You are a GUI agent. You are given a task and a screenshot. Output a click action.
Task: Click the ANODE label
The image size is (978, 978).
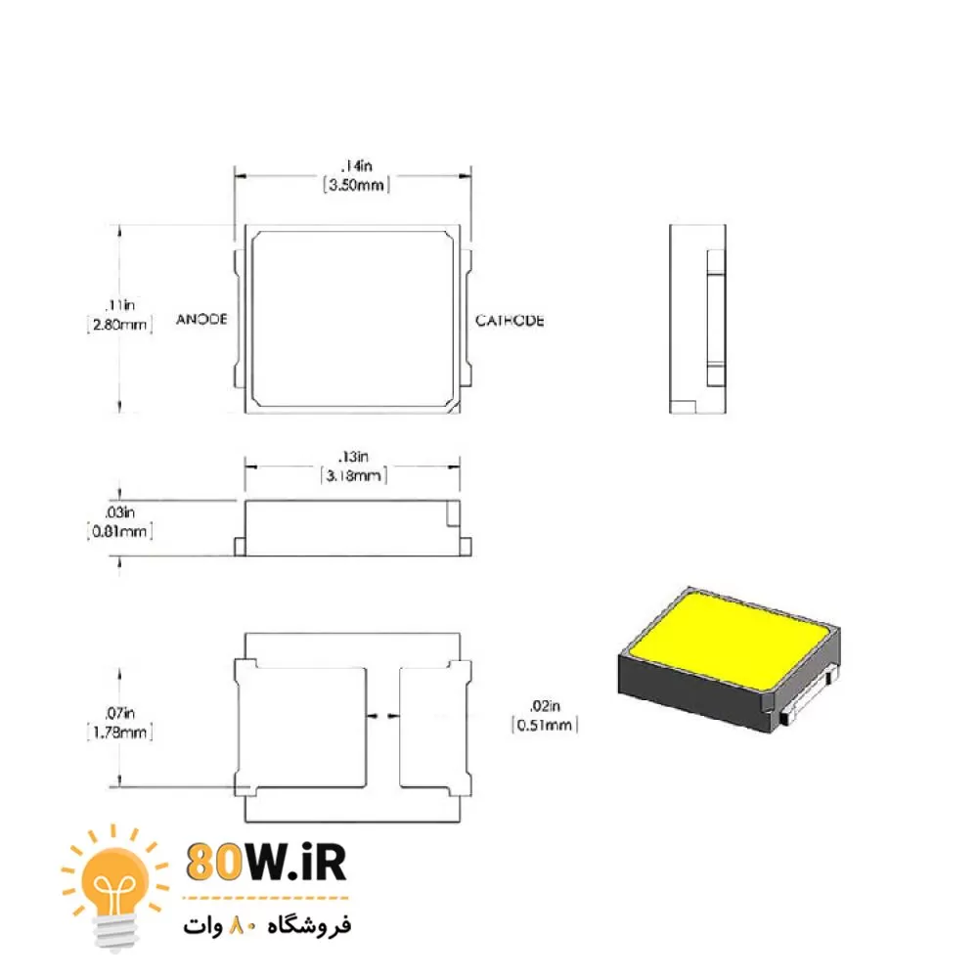click(x=201, y=320)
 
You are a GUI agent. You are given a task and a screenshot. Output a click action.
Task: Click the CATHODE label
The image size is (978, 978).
click(x=510, y=321)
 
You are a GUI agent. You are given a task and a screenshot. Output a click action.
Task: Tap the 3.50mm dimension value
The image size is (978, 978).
click(x=356, y=185)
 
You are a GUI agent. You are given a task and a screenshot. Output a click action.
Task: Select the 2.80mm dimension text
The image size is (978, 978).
click(x=119, y=325)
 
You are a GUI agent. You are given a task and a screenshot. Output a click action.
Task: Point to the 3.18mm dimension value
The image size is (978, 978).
click(x=353, y=476)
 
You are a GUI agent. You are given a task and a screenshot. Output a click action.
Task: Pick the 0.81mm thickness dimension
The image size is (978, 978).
click(x=119, y=531)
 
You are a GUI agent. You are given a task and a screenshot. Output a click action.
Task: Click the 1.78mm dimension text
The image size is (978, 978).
click(x=119, y=733)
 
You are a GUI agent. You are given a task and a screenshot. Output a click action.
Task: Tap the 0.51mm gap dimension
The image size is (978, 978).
click(x=545, y=726)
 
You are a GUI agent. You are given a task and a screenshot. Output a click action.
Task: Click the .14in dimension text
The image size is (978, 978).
click(x=357, y=166)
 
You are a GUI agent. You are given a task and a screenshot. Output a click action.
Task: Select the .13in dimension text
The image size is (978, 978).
click(x=354, y=457)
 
